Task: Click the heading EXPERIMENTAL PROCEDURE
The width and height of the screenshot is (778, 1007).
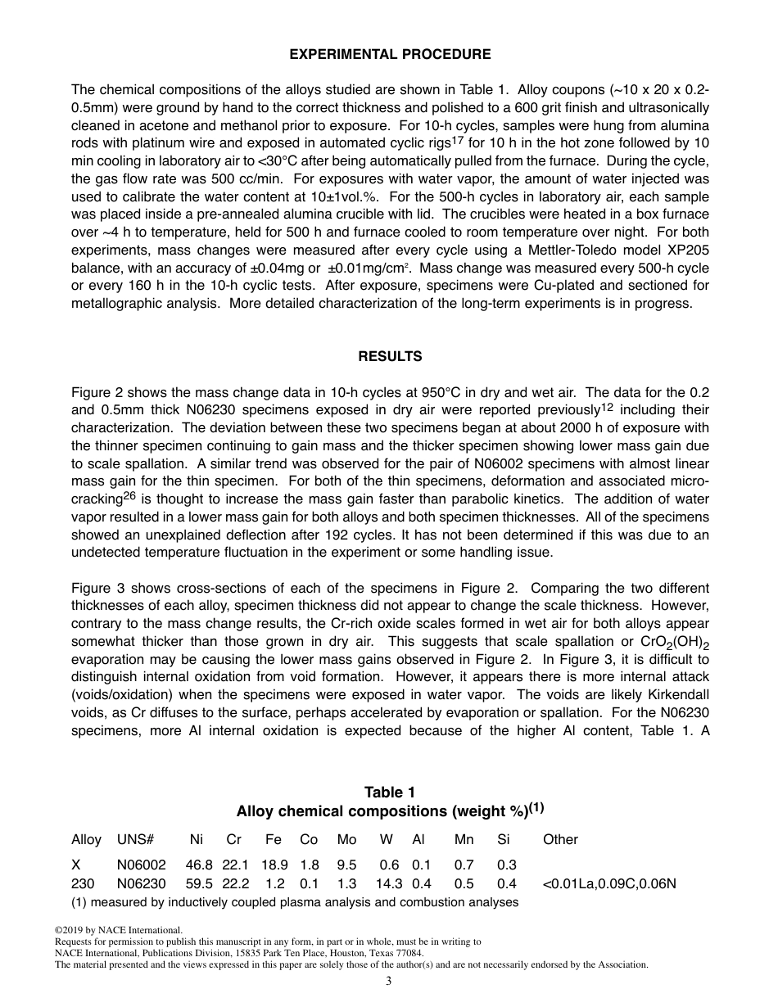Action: click(x=390, y=55)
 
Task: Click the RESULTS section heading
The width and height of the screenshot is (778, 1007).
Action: click(x=390, y=356)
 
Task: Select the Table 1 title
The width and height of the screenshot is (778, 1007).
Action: click(x=390, y=792)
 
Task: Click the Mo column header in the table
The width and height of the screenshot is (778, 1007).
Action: click(x=346, y=839)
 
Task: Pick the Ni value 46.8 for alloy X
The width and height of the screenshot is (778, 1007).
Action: click(x=199, y=865)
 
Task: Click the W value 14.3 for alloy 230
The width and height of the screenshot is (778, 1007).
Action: click(x=389, y=884)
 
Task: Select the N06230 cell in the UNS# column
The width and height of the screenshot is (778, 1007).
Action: click(x=141, y=884)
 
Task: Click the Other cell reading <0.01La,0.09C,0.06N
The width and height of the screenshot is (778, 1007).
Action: click(x=609, y=884)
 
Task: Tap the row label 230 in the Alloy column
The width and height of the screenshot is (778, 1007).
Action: click(x=82, y=884)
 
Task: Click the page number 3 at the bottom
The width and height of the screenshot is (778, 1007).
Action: click(x=389, y=982)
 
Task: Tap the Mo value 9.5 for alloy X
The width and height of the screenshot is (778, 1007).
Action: click(x=346, y=865)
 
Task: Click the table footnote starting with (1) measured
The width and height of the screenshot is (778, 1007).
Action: click(x=295, y=902)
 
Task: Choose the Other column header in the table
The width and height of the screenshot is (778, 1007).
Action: click(x=560, y=839)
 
